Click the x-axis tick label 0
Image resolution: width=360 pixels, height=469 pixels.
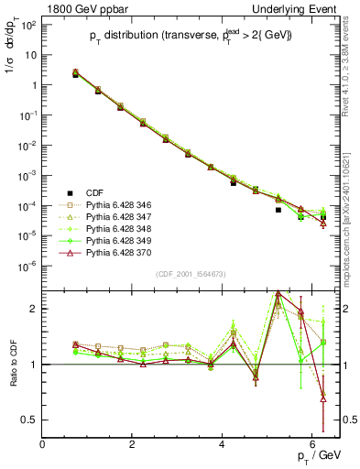tap(42, 443)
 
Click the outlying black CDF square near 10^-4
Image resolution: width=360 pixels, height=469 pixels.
tap(278, 210)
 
